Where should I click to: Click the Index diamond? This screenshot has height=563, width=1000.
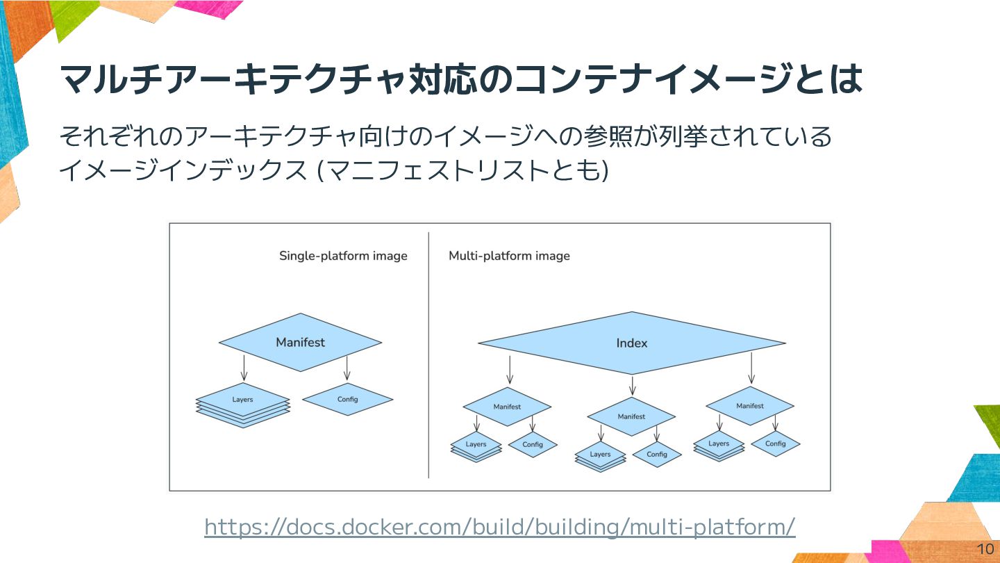coord(631,343)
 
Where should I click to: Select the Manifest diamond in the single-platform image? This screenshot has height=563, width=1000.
coord(300,342)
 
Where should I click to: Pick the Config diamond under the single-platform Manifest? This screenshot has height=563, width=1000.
coord(348,400)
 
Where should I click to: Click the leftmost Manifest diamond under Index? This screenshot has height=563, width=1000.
coord(507,407)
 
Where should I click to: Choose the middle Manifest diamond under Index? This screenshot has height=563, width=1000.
coord(631,417)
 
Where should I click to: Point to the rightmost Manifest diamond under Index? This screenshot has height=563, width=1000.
coord(749,406)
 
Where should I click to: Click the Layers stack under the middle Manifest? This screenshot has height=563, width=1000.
coord(600,456)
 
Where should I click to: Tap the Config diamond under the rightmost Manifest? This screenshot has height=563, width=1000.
coord(775,443)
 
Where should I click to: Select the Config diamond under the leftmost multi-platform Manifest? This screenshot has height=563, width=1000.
coord(533,444)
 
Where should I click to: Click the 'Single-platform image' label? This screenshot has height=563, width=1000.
coord(343,256)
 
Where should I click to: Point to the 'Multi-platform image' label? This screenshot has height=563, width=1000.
coord(509,256)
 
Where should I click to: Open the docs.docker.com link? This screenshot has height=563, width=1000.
coord(499,527)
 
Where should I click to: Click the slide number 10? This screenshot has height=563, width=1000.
coord(985,548)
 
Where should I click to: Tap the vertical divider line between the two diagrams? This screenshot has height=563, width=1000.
coord(428,354)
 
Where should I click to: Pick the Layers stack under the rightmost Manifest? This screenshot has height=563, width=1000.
coord(719,446)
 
